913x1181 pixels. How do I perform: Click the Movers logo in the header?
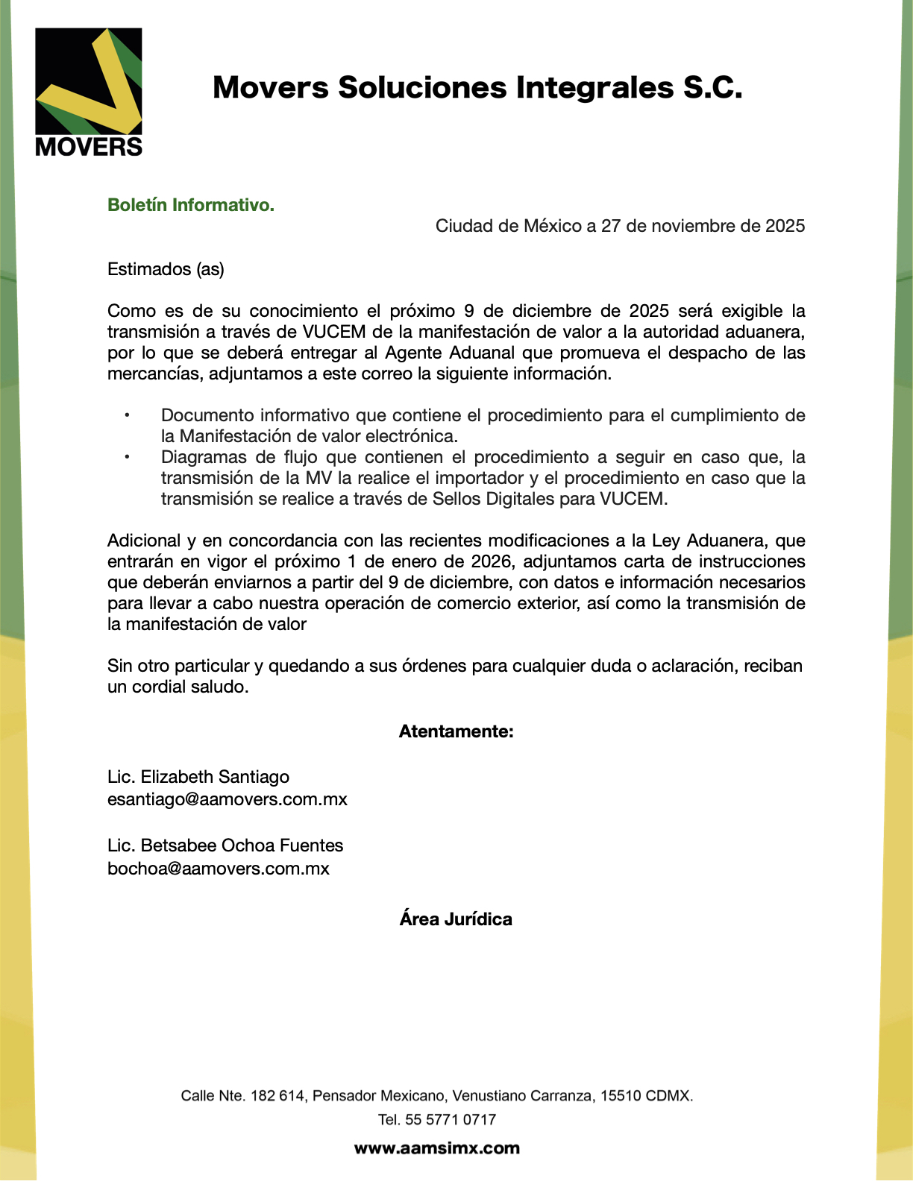click(x=89, y=92)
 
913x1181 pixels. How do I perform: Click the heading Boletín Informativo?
click(x=191, y=205)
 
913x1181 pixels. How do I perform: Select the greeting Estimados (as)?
click(x=166, y=269)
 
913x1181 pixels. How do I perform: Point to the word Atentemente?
click(x=456, y=731)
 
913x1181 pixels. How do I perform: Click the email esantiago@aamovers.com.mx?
click(x=228, y=799)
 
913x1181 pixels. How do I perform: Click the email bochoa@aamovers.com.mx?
click(x=219, y=869)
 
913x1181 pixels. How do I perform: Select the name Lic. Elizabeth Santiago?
click(x=198, y=777)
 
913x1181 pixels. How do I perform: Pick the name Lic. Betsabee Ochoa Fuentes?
click(x=225, y=845)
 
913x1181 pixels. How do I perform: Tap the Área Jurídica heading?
click(x=456, y=919)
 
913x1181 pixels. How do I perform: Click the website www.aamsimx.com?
click(x=437, y=1148)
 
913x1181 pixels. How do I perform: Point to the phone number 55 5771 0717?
click(x=451, y=1119)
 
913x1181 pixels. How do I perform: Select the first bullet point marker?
click(x=127, y=415)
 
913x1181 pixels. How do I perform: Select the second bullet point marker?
click(x=127, y=457)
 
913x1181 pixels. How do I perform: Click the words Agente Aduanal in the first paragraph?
click(x=450, y=353)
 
